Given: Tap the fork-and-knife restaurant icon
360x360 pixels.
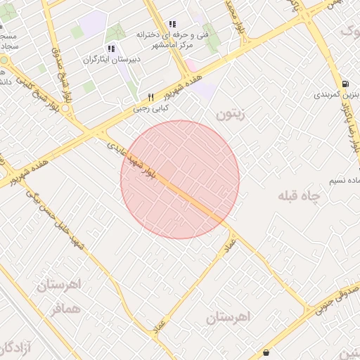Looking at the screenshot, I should point(150,97).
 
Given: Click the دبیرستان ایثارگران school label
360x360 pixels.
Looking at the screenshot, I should point(112,60).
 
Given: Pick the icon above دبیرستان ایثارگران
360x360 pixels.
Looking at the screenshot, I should point(111,49).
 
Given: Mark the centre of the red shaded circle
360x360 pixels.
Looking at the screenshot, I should point(180,179).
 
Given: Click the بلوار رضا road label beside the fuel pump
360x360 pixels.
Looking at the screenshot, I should point(350,127).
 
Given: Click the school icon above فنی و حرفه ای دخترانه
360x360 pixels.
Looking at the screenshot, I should point(172,24).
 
